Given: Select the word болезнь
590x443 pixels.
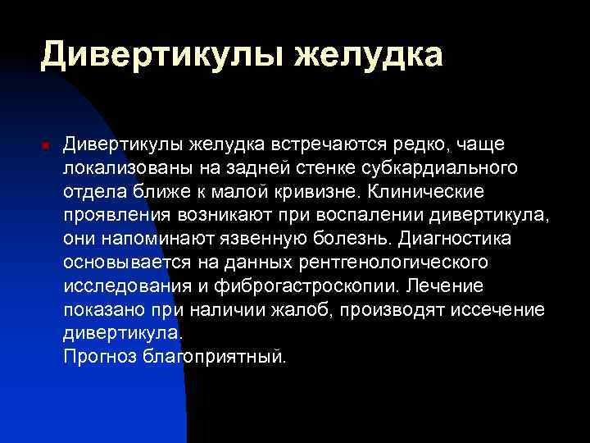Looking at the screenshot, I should (x=359, y=240).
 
